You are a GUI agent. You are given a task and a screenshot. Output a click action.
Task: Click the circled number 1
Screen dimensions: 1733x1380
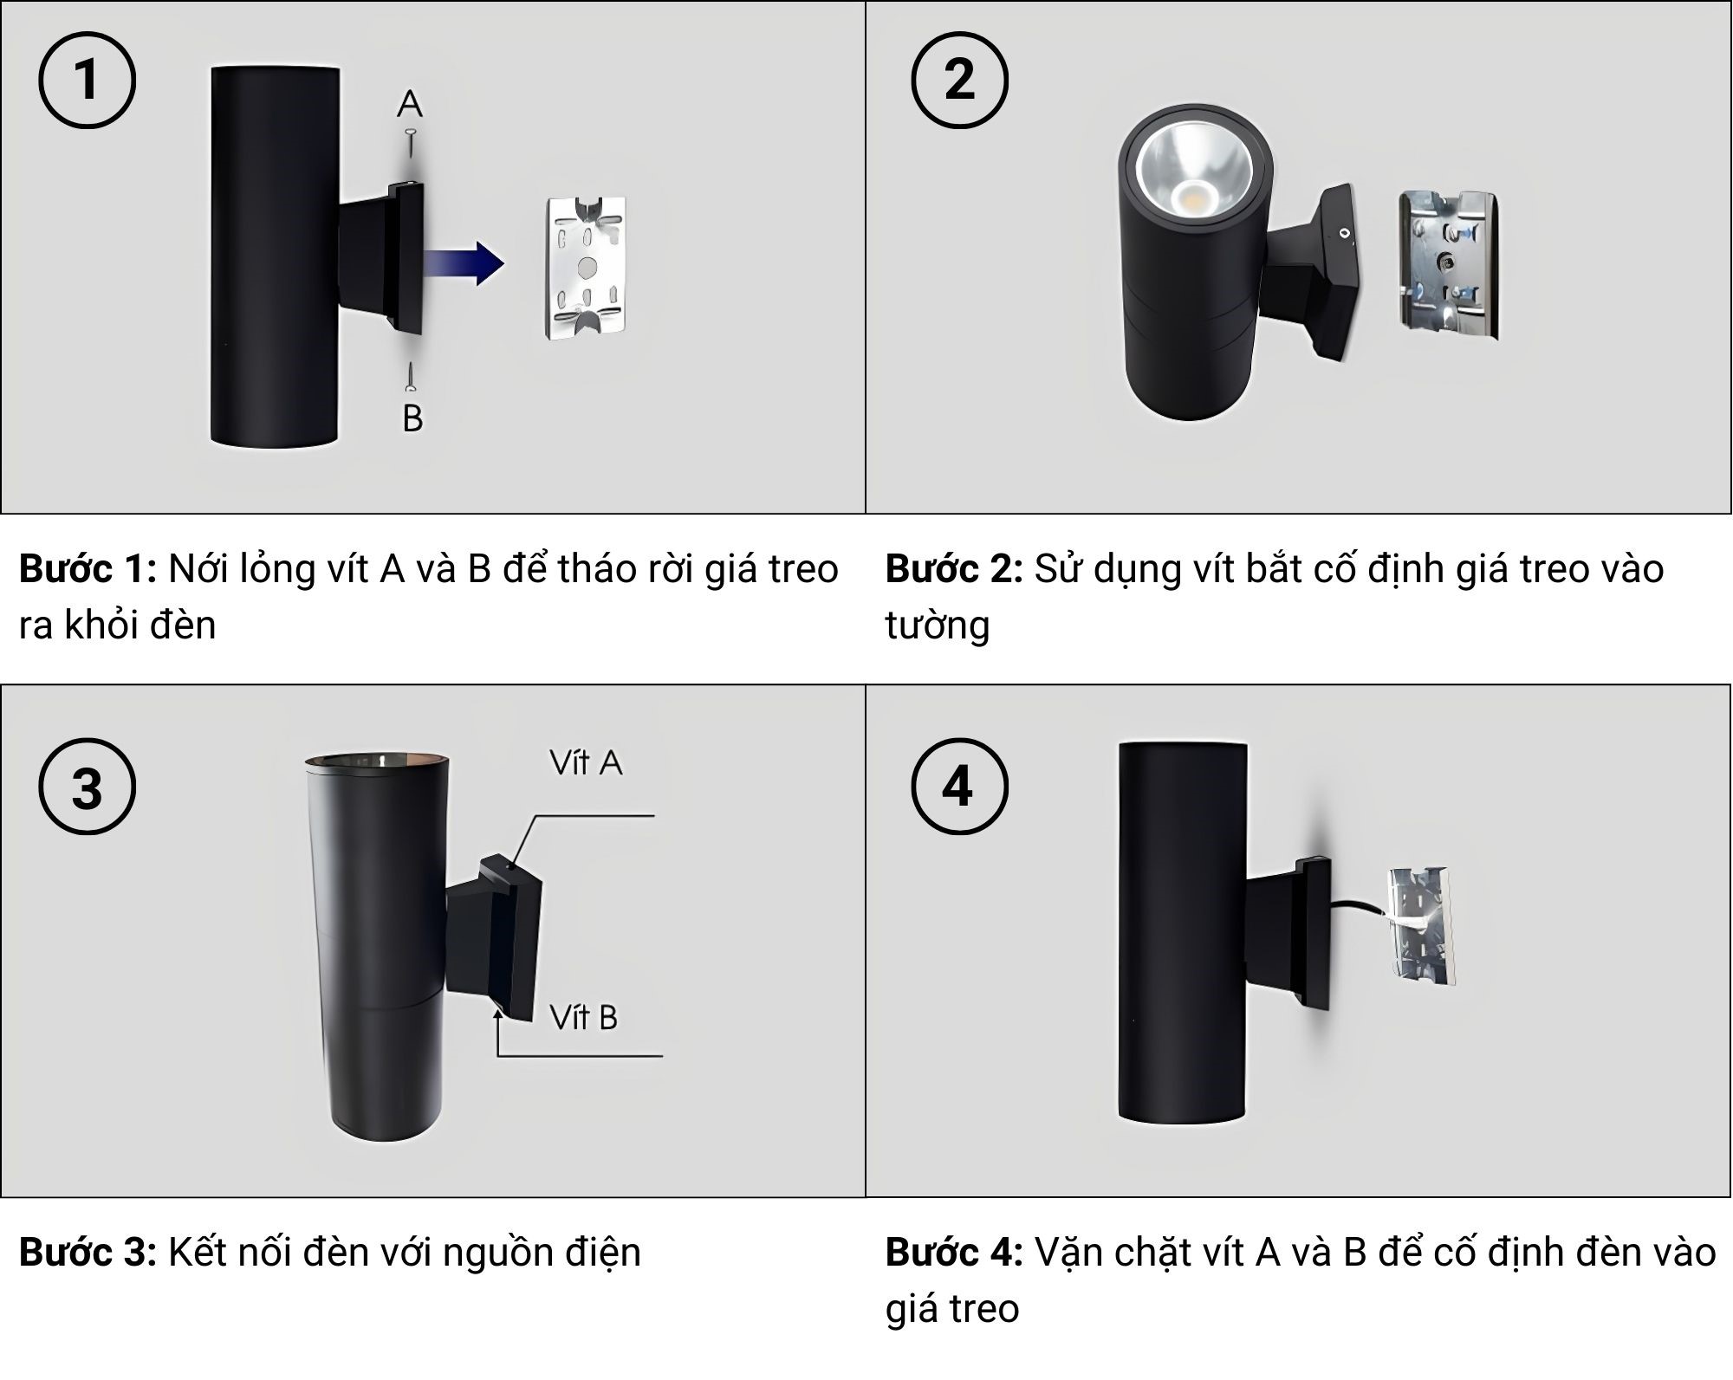(x=87, y=81)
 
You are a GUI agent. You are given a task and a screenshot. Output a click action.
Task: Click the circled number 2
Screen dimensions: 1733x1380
(x=959, y=81)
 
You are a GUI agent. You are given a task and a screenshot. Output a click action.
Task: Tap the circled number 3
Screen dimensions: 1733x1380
(x=87, y=787)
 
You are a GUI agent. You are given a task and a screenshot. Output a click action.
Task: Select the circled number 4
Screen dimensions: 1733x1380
(x=959, y=787)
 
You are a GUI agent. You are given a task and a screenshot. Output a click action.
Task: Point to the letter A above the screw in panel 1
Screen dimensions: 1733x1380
(x=410, y=104)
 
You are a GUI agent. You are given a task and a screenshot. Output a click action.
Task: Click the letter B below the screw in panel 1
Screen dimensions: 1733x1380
(x=412, y=418)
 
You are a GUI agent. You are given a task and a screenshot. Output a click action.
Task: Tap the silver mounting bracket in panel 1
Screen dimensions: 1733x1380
(x=586, y=268)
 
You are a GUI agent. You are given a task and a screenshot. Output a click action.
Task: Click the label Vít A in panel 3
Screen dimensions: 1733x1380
(x=586, y=763)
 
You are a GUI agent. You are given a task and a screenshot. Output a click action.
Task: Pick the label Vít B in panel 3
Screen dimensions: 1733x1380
(x=584, y=1018)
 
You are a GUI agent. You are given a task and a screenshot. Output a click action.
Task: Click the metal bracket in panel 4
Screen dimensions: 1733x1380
(x=1422, y=926)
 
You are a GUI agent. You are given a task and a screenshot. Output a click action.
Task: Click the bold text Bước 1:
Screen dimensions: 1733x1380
(x=88, y=570)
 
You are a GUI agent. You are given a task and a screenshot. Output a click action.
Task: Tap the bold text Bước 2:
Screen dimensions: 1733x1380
(x=954, y=570)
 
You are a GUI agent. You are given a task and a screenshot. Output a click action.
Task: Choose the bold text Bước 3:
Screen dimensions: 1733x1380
(x=88, y=1253)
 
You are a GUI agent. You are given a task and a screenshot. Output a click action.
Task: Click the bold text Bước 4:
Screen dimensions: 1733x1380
(x=954, y=1253)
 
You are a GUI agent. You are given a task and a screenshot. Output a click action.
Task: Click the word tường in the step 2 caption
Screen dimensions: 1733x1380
(x=937, y=625)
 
